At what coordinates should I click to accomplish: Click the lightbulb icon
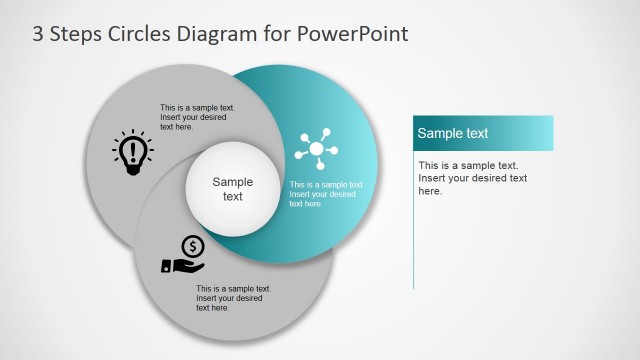(132, 153)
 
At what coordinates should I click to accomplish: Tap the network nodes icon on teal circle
(317, 150)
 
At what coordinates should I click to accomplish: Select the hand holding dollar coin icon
(184, 255)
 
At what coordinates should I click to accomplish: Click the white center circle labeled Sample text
(232, 189)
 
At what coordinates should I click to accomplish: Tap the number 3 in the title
(38, 34)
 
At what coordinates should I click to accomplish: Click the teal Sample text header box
(483, 133)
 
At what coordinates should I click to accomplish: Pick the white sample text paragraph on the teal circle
(326, 194)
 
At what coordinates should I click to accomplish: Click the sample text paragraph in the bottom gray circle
(233, 298)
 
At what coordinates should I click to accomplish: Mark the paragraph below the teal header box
(473, 177)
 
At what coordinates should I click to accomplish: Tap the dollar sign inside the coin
(194, 245)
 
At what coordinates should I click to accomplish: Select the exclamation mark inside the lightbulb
(132, 151)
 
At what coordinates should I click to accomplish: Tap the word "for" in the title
(275, 34)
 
